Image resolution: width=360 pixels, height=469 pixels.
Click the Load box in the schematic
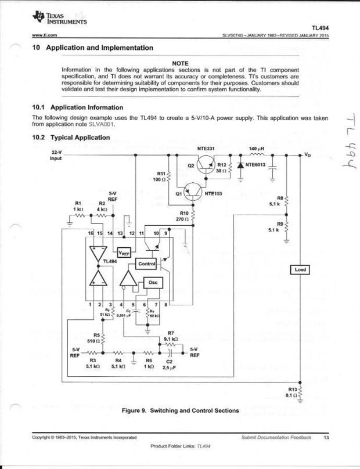click(300, 269)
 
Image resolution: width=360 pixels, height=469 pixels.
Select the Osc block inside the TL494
click(153, 282)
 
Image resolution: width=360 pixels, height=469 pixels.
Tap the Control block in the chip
click(145, 265)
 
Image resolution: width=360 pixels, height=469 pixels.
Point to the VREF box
click(125, 253)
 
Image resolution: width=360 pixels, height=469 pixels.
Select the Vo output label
click(308, 156)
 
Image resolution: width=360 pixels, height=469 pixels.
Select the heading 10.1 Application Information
click(78, 107)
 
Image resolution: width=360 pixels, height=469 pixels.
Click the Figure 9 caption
click(180, 410)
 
